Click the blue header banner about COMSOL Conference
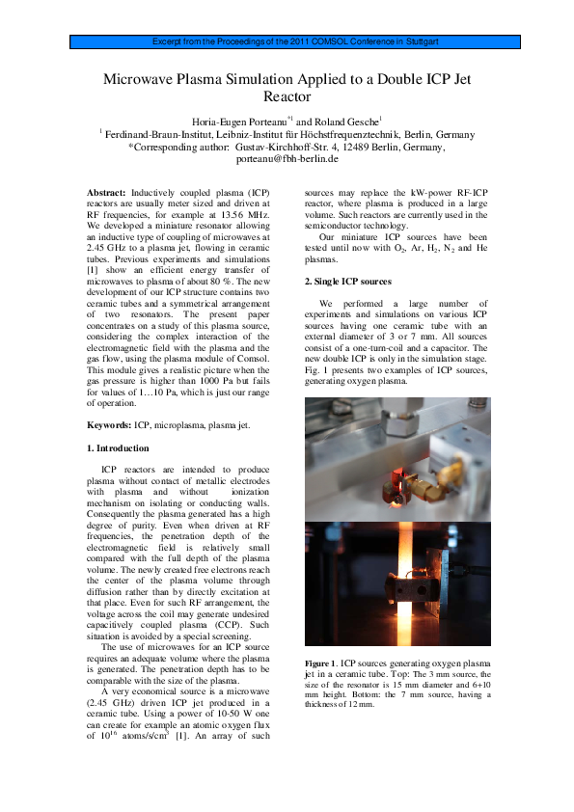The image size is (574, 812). (287, 42)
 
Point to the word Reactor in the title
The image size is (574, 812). (287, 97)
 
